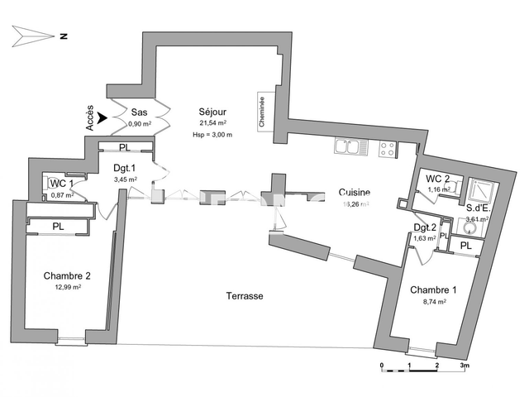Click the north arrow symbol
pos(33,36)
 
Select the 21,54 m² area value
pos(212,122)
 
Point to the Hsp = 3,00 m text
pos(212,134)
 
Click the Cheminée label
pos(262,110)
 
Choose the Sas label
pos(139,112)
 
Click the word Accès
pos(90,119)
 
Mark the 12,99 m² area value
pos(67,287)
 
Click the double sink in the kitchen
pos(347,148)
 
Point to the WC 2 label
pos(437,179)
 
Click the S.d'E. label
pos(478,208)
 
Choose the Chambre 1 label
pos(432,289)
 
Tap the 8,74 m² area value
pos(432,302)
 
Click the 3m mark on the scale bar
pos(464,364)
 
